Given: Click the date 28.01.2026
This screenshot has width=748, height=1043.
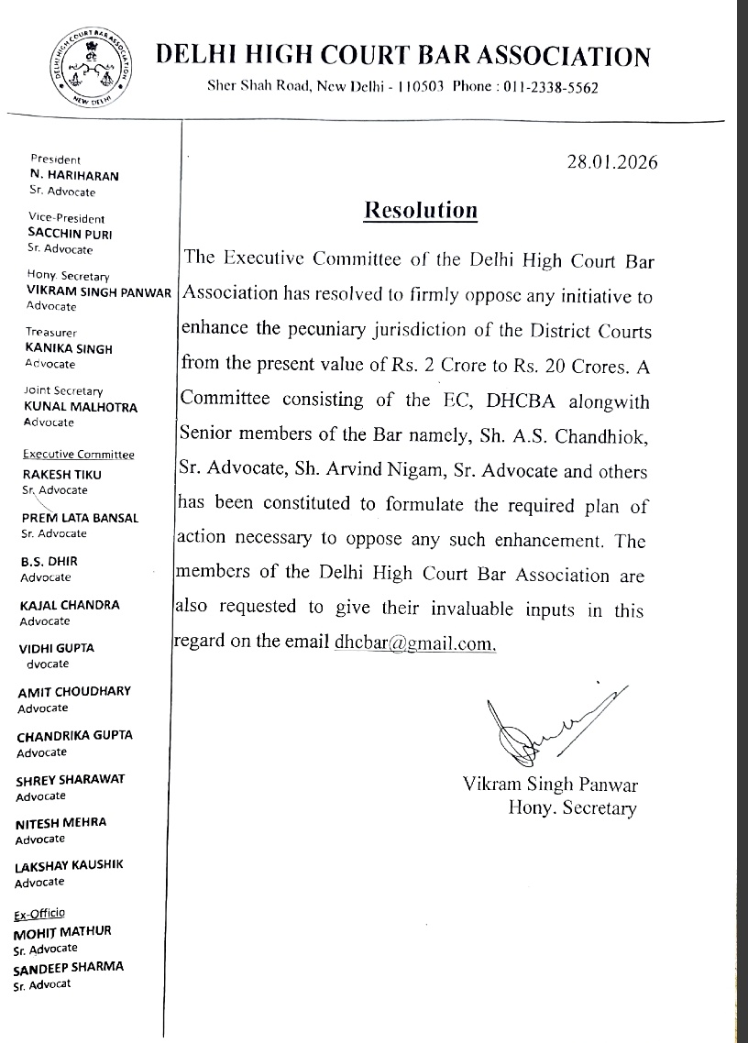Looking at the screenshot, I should tap(613, 162).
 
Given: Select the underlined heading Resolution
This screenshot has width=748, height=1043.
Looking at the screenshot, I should tap(421, 210).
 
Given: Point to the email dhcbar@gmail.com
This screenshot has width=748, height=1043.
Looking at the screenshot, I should tap(413, 642).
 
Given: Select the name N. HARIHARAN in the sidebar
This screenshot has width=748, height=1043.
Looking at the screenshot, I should tap(74, 174).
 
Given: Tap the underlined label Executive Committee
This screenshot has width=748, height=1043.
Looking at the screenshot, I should tap(79, 455).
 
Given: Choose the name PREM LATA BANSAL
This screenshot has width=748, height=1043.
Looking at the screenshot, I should tap(80, 518).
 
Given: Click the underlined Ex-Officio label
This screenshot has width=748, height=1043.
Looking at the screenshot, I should tap(40, 914).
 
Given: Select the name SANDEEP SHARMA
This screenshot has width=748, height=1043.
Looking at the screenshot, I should tap(69, 967).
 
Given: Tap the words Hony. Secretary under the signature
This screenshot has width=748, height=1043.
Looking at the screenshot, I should tap(572, 807).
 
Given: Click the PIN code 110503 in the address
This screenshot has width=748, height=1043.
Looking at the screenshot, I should tap(423, 88).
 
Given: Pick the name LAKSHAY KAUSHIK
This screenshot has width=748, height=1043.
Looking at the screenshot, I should tap(69, 865).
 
